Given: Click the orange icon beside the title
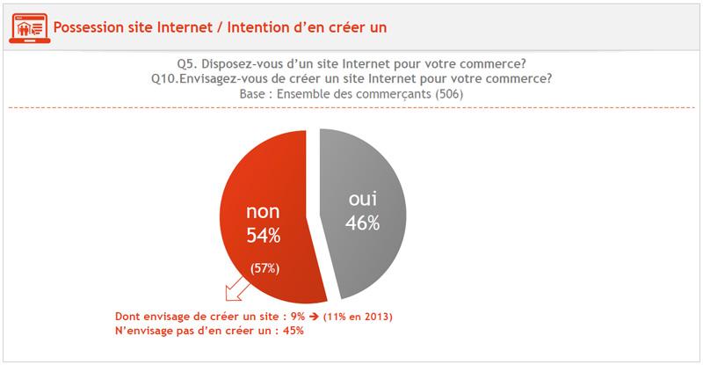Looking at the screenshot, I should click(x=29, y=26).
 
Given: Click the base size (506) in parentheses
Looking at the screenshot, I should click(x=446, y=93).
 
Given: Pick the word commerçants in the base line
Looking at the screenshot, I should click(x=387, y=93).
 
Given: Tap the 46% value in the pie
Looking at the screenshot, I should click(x=361, y=223).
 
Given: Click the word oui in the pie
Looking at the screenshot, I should click(x=361, y=200).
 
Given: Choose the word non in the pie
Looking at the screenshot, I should click(x=263, y=211).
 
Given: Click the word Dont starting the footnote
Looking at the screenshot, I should click(x=130, y=316).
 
